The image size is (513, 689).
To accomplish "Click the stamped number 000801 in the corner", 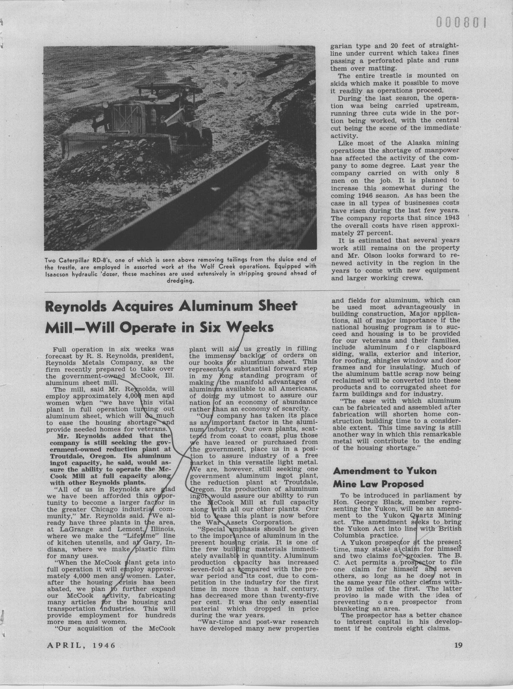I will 460,23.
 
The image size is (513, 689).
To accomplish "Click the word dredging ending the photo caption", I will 180,281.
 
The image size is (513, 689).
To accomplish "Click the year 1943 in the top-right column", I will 452,218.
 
